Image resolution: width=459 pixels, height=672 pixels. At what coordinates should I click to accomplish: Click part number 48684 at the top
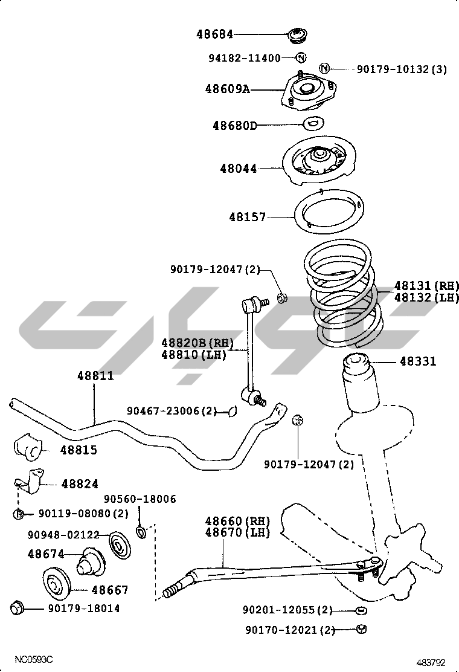214,35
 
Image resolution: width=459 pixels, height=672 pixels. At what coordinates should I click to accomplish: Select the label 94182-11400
245,59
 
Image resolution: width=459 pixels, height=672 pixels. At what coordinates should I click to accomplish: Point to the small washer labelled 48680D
312,124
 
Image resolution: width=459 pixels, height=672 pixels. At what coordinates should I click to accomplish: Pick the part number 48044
239,169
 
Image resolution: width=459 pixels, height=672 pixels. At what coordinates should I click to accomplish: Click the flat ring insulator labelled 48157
330,215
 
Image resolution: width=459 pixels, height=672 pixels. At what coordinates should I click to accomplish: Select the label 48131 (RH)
426,285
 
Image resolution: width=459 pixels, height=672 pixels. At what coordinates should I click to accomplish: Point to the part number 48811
95,376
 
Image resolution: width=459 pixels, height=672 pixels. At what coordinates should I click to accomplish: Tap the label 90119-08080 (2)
84,514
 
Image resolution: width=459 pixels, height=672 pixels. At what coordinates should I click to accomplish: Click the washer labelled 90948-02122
119,547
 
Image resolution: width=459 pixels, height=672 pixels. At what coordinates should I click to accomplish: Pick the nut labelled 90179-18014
17,607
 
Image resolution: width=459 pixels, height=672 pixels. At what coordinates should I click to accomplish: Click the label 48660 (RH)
237,521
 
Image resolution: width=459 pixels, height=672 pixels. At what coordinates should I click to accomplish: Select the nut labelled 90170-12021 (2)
362,629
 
